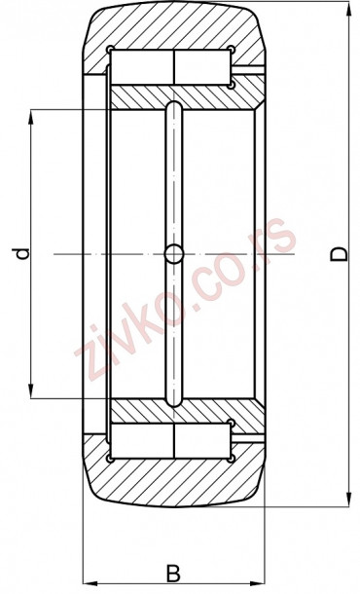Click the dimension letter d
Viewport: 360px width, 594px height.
(x=21, y=254)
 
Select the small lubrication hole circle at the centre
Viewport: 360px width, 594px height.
(x=173, y=254)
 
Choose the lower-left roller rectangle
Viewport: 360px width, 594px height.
(x=142, y=442)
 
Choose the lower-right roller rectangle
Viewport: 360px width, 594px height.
(x=202, y=442)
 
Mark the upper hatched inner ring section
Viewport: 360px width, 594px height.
(x=185, y=96)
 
